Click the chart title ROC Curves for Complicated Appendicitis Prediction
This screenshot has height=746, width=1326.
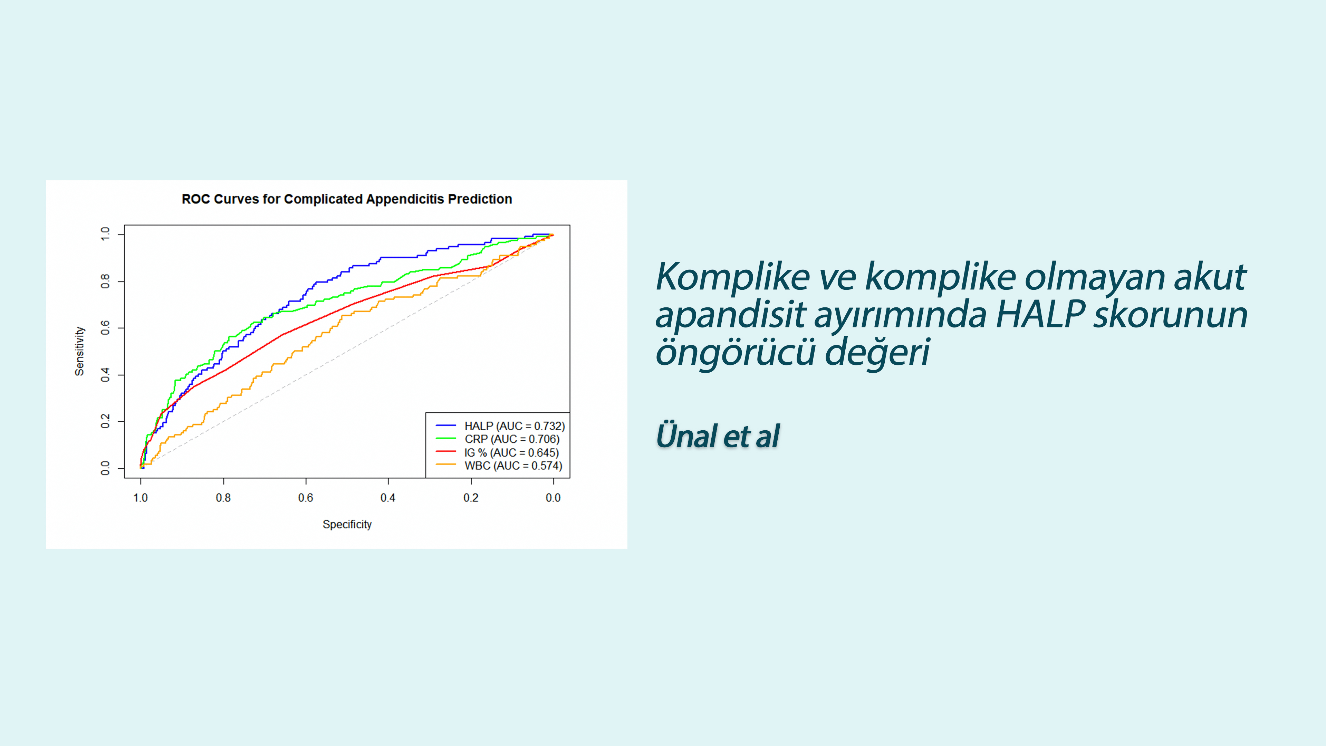tap(347, 199)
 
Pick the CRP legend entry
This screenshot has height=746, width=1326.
tap(498, 439)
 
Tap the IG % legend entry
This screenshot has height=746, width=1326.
tap(497, 452)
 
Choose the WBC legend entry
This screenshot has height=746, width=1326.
tap(499, 466)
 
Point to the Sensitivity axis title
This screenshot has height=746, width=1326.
tap(79, 351)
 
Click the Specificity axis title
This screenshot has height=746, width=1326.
tap(347, 524)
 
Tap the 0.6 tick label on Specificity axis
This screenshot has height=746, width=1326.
tap(306, 498)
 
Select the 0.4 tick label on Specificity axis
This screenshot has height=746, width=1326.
tap(388, 498)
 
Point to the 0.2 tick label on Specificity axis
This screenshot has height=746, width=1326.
tap(471, 498)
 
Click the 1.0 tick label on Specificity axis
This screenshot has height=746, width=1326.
tap(141, 498)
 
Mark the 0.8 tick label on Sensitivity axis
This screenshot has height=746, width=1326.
tap(106, 281)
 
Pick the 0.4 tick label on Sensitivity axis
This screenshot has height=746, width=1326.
tap(106, 375)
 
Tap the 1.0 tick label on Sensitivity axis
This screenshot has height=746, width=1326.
tap(106, 234)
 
